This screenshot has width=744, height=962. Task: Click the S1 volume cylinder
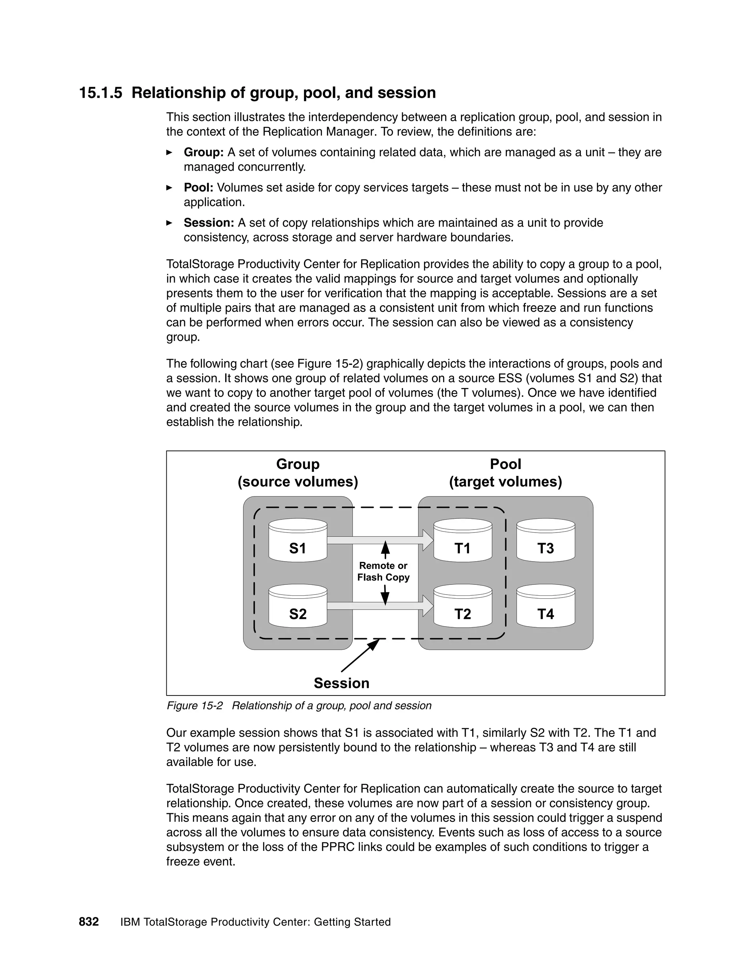298,541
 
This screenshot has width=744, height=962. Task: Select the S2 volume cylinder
298,606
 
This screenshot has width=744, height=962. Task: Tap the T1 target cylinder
462,541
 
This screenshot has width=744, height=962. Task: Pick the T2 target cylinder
462,606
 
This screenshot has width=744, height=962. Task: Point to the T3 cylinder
545,541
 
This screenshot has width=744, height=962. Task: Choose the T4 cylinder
545,606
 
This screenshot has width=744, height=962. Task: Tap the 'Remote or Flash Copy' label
383,571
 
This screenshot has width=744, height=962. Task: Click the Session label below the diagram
341,683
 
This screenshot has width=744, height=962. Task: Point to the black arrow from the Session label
360,655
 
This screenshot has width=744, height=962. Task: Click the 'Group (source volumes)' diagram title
298,473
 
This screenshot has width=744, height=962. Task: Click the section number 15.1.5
100,93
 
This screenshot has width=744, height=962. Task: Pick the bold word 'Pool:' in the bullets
198,188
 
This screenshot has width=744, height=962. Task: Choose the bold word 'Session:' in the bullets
209,223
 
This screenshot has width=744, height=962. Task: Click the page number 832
89,922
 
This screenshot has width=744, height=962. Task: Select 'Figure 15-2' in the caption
194,706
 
